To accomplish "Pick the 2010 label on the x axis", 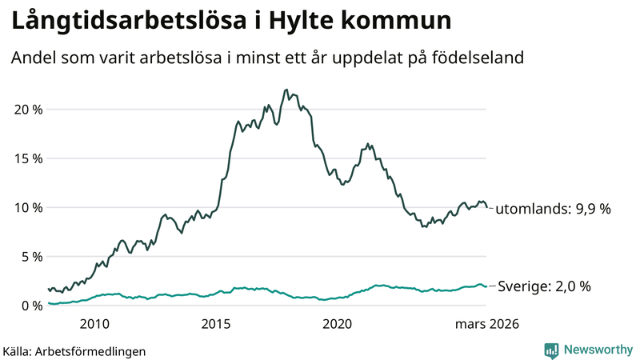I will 94,324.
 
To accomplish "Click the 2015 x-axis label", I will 216,324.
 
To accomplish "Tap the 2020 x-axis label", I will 337,324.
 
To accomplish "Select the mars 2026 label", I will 487,324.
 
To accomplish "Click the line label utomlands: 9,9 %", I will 553,209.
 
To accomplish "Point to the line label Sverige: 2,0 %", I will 544,286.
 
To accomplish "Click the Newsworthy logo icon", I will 551,350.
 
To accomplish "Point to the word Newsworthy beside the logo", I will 596,350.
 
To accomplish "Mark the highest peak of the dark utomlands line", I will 286,90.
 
